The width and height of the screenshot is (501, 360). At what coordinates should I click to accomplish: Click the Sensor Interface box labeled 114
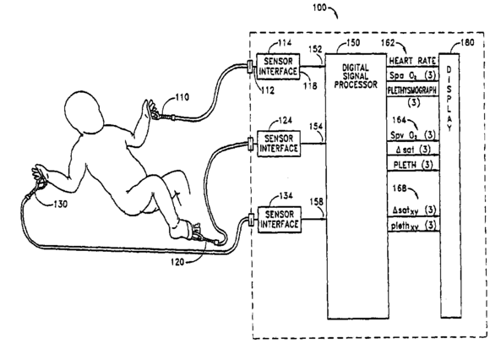(x=278, y=67)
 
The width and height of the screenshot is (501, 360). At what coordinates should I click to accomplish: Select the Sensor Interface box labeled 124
(x=279, y=144)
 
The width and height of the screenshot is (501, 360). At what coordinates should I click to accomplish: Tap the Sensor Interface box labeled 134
(x=280, y=220)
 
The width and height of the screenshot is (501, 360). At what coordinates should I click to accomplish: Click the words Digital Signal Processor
(x=356, y=76)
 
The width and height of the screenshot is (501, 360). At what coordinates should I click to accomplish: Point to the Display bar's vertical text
(x=449, y=99)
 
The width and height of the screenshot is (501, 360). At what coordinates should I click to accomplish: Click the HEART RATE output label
(x=412, y=61)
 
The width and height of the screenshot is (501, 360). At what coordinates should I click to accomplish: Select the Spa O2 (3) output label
(x=412, y=75)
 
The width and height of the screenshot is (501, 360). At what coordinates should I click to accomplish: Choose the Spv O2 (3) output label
(x=413, y=135)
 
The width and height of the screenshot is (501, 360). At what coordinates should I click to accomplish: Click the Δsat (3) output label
(x=413, y=150)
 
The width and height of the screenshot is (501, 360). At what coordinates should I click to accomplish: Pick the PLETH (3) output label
(x=413, y=165)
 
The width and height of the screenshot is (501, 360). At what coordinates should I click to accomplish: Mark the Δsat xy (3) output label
(x=414, y=210)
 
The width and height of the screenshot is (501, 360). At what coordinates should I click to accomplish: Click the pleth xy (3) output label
(x=413, y=226)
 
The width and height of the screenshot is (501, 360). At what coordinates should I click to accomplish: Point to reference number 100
(x=319, y=7)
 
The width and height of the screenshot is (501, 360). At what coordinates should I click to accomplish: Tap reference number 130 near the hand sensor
(x=60, y=204)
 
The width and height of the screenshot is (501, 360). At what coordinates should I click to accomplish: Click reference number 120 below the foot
(x=177, y=262)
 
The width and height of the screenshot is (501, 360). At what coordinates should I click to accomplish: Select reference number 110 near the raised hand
(x=182, y=97)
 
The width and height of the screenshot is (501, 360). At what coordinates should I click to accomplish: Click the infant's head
(x=84, y=111)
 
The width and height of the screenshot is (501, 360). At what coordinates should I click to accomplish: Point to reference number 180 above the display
(x=467, y=42)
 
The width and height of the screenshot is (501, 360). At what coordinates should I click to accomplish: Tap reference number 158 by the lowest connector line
(x=316, y=202)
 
